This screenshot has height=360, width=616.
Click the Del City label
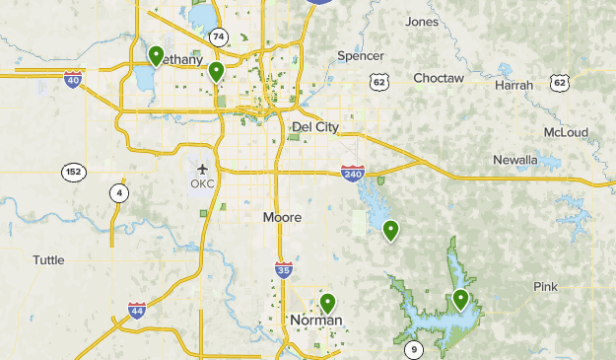click(315, 127)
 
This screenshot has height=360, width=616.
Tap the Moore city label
click(283, 217)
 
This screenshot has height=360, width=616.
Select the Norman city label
click(315, 321)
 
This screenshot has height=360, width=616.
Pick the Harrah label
click(513, 86)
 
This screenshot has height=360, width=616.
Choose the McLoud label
click(566, 132)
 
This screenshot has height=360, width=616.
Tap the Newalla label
click(515, 160)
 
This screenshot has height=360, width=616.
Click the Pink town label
click(545, 287)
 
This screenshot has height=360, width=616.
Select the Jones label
click(422, 22)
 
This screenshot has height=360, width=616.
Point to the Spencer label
click(360, 56)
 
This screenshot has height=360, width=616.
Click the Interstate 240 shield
click(353, 173)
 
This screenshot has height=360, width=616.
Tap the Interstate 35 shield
click(283, 269)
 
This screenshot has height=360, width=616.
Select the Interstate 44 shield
click(137, 312)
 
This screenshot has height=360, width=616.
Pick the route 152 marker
click(72, 172)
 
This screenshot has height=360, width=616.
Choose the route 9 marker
click(414, 349)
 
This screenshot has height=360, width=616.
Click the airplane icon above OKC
click(203, 169)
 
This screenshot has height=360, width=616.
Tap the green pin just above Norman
click(327, 303)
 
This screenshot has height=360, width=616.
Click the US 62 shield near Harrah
click(560, 83)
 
